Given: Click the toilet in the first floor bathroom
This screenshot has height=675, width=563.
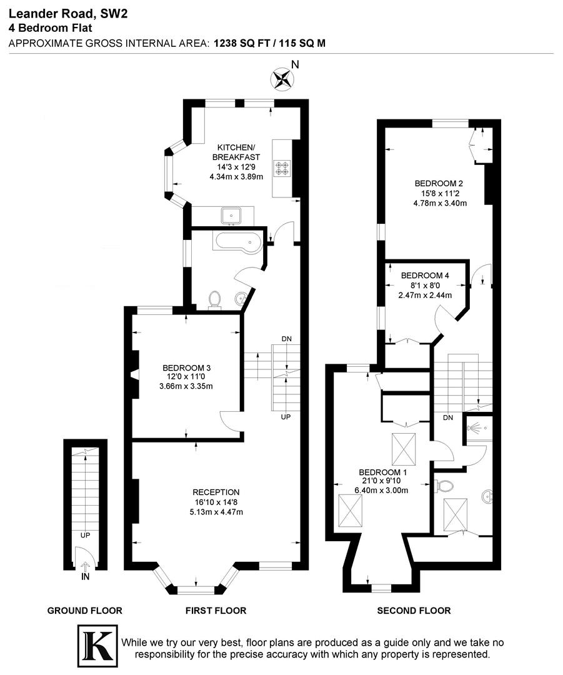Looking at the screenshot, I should tap(214, 299).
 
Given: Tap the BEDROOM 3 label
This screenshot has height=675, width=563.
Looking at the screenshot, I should tap(186, 367).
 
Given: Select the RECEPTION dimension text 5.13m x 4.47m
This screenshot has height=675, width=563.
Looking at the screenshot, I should tap(216, 512).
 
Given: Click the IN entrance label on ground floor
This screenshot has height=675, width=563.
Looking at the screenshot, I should tap(85, 576).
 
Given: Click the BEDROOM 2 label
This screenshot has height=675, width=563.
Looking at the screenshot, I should tap(439, 183).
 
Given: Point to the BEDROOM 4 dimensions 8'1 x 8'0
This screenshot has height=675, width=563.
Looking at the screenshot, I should tap(425, 286).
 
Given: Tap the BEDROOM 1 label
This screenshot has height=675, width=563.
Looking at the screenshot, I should tap(382, 472).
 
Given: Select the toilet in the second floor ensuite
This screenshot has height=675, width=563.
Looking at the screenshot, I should tap(445, 484).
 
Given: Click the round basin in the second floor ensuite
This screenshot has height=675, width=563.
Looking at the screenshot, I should tap(487, 497).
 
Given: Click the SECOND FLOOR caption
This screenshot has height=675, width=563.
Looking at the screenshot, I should tap(414, 611).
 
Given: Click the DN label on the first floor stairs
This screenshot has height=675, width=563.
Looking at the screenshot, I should tap(286, 339).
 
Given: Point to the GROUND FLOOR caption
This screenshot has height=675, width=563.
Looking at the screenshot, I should tap(85, 611).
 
